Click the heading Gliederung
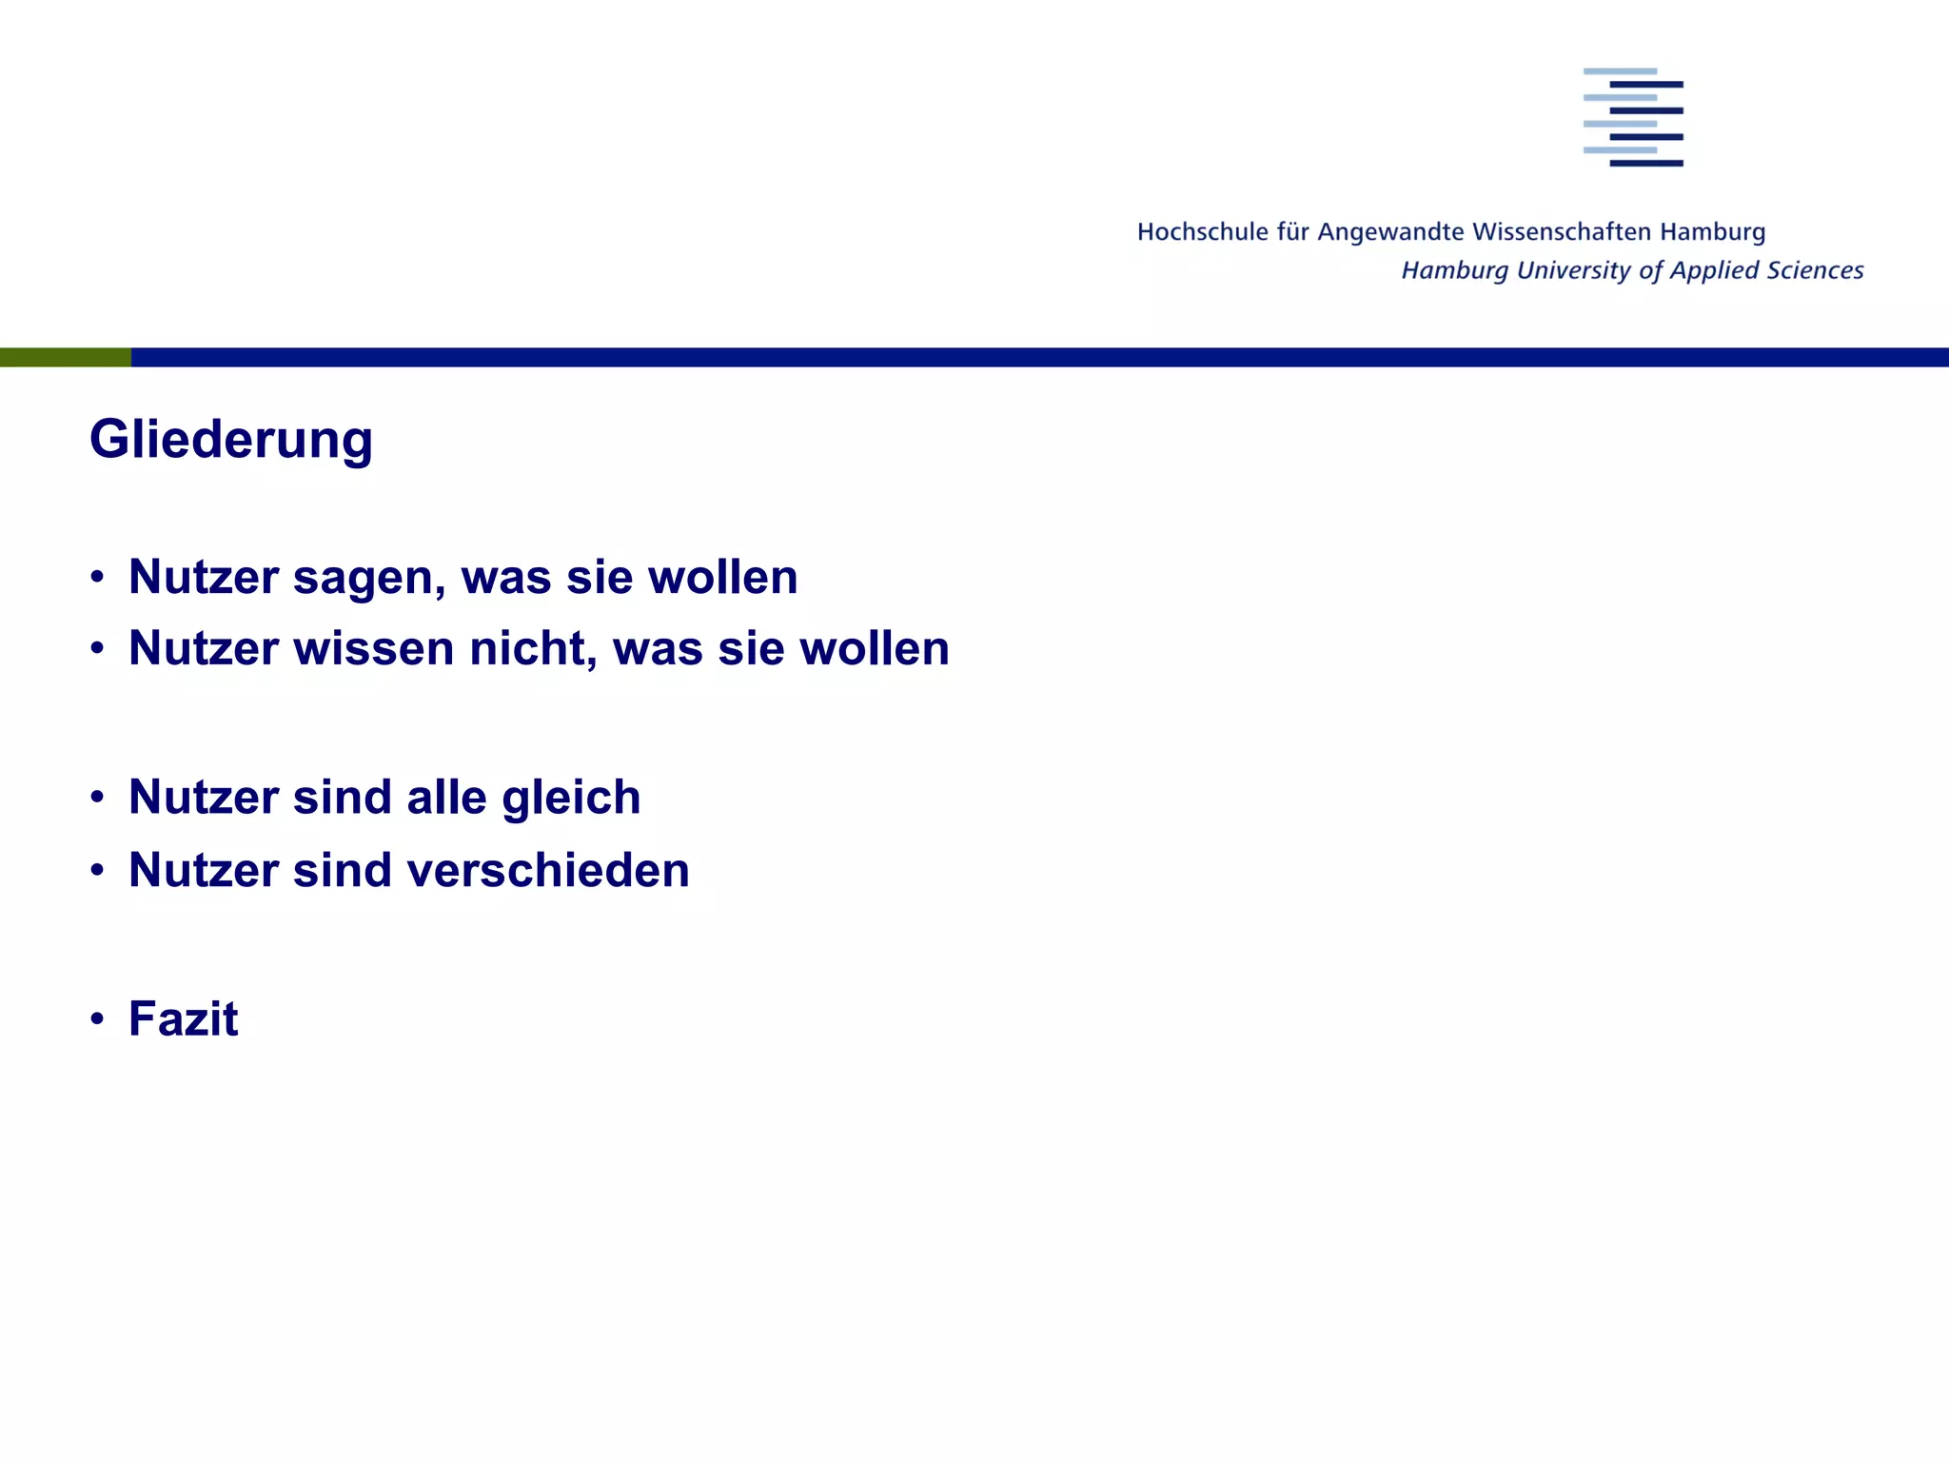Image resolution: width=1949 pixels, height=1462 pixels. (231, 440)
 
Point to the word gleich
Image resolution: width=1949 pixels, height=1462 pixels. (571, 798)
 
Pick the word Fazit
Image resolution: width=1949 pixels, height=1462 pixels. (183, 1018)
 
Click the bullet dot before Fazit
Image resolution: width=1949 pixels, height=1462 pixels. (97, 1018)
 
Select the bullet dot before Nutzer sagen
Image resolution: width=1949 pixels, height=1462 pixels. (97, 577)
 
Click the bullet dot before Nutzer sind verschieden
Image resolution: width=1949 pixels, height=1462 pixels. (97, 870)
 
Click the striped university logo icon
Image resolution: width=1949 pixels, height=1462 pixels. (1633, 117)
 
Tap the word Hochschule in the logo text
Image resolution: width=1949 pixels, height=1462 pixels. (1202, 232)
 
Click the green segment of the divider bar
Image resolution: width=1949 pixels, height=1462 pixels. (65, 357)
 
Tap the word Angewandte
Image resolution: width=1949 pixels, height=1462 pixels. (1390, 232)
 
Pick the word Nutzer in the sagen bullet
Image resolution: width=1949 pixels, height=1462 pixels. (204, 578)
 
